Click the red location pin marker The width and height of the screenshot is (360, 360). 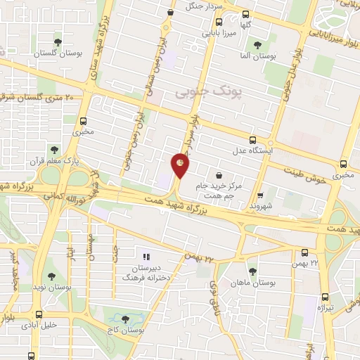pos(181,165)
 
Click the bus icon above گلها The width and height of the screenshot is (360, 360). pos(245,14)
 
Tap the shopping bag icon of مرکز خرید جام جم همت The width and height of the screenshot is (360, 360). pos(220,174)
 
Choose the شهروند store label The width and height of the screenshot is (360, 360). pos(260,206)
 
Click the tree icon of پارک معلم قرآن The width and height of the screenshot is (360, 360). pos(54,149)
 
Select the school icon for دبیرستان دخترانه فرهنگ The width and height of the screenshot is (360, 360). pos(147,258)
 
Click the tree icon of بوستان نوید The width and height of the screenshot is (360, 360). pos(53,276)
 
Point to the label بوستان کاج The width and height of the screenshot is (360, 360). pos(127,330)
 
